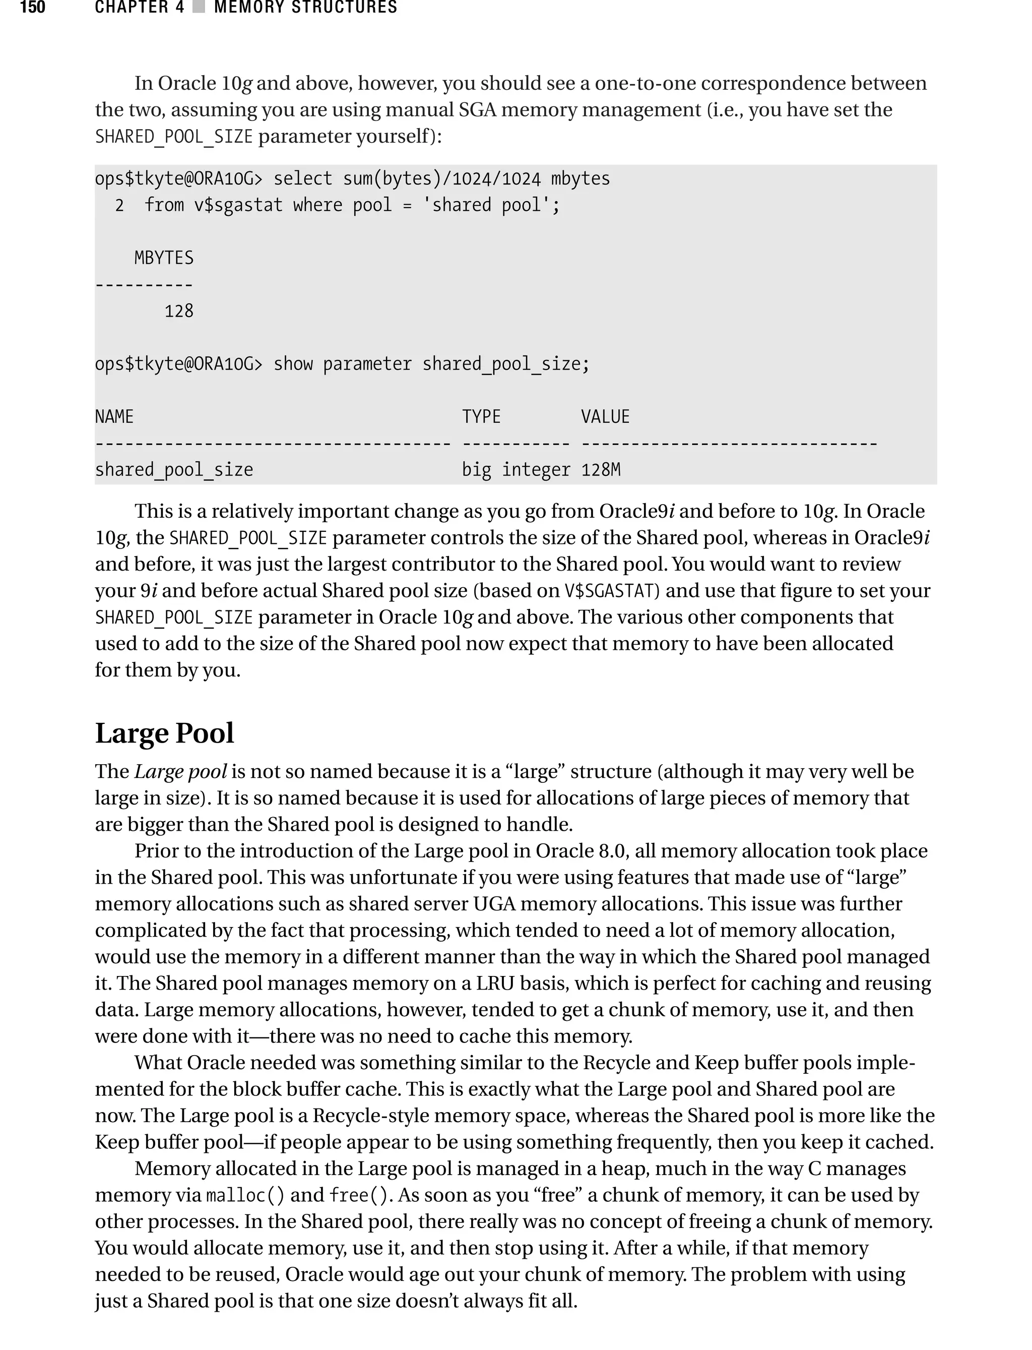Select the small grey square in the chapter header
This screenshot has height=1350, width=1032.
[x=199, y=8]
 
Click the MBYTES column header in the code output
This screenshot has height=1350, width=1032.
[x=163, y=258]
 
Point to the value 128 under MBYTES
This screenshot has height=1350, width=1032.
[x=179, y=311]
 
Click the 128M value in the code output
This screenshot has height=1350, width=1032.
[x=601, y=470]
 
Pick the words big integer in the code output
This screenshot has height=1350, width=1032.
[x=516, y=470]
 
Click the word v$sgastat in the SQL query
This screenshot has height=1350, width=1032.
[x=238, y=205]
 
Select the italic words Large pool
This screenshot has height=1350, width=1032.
[x=180, y=771]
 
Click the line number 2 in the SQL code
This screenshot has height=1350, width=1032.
[x=119, y=205]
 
